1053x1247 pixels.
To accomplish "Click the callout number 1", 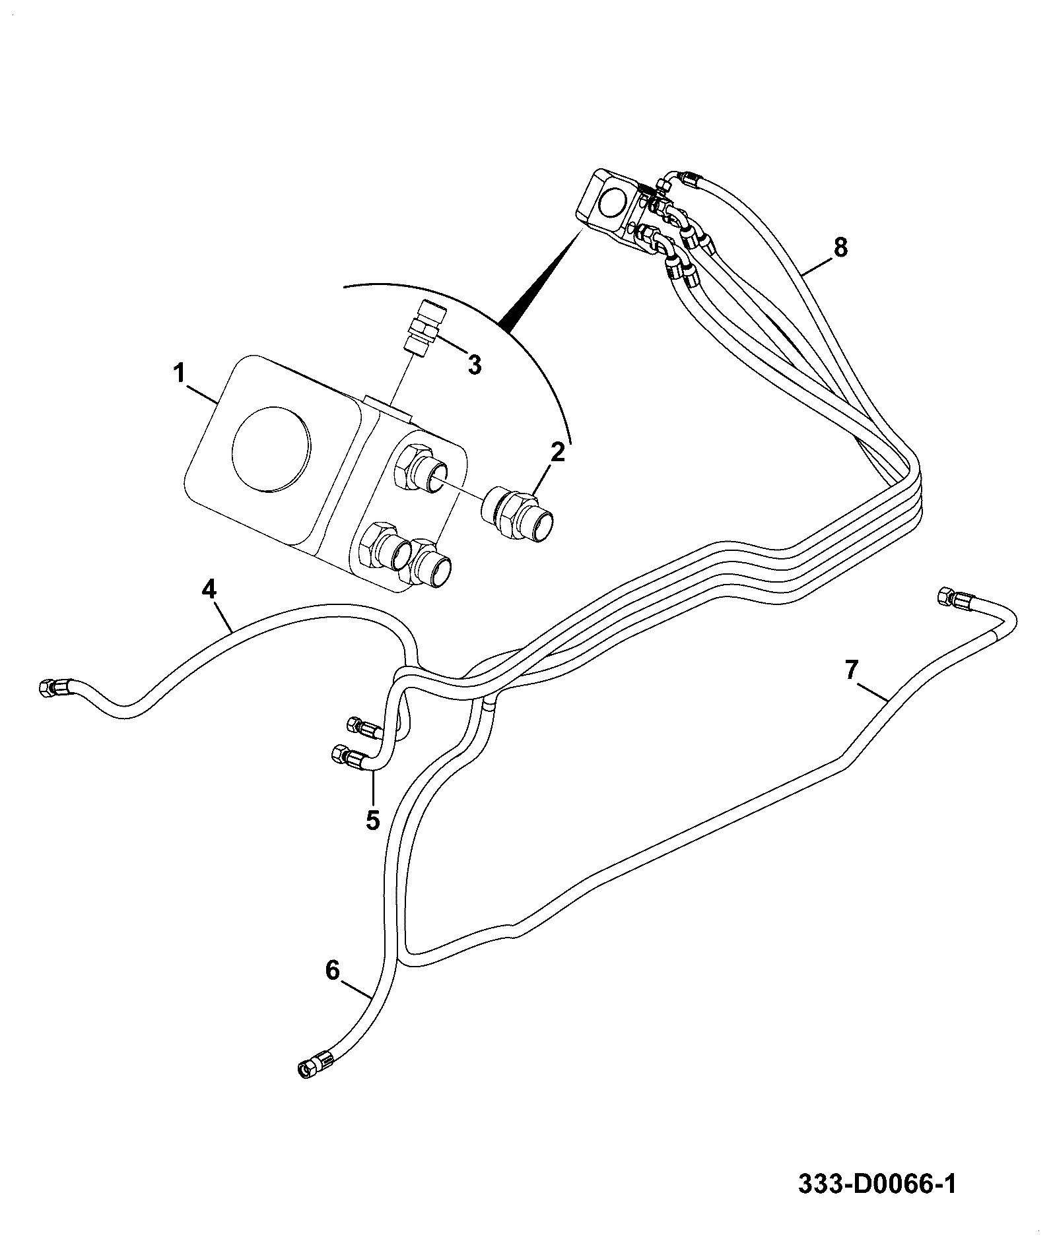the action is (178, 373).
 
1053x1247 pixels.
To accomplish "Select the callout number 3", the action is (475, 364).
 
